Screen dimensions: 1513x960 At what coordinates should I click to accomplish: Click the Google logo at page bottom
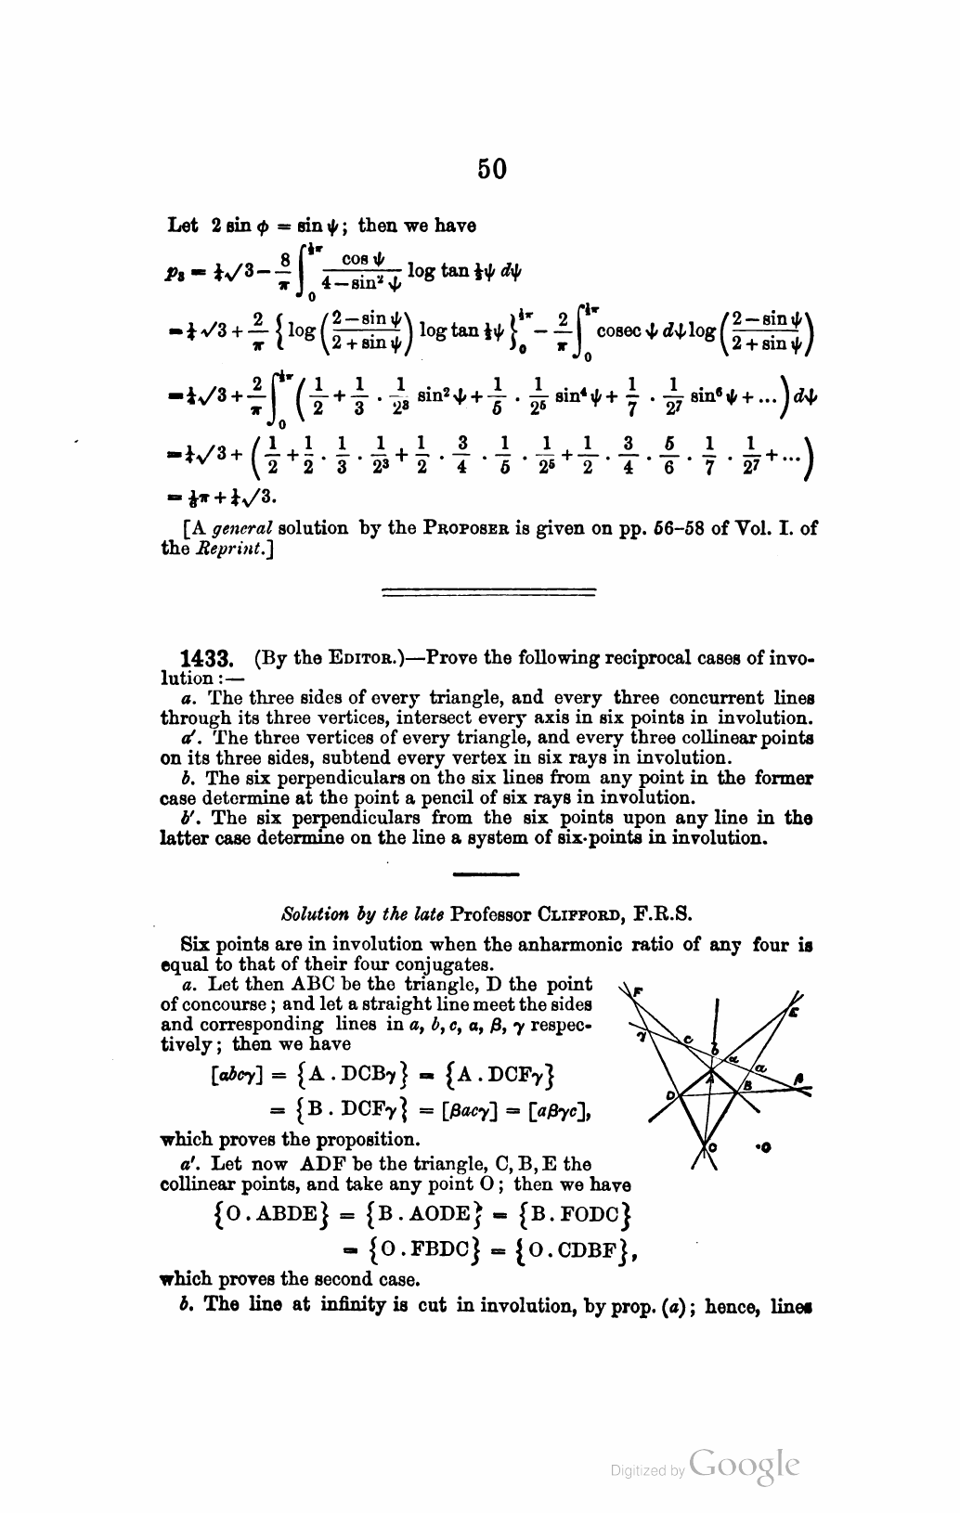(744, 1464)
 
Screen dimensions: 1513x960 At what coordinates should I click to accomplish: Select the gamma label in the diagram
(642, 1033)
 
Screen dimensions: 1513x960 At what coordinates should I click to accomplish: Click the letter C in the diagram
(687, 1039)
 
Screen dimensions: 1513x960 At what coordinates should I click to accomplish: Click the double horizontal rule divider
(488, 589)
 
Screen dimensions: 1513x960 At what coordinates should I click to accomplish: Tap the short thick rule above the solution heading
(486, 873)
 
